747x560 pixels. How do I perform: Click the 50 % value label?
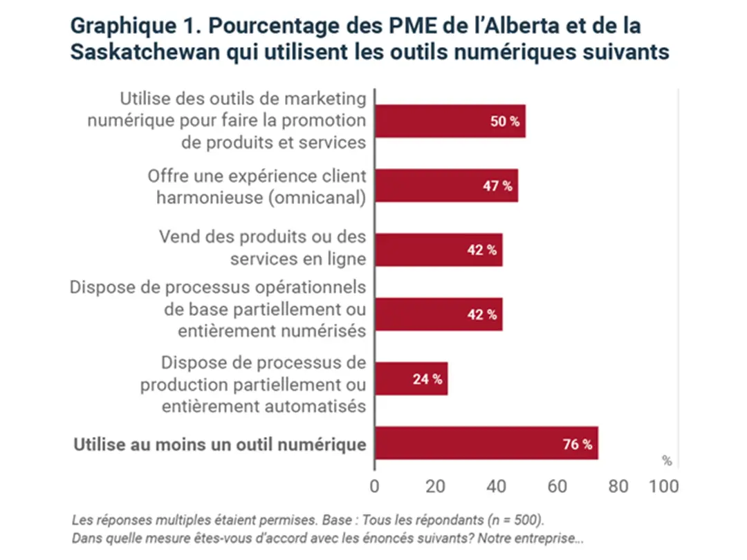[x=505, y=122]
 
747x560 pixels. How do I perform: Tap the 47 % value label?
[x=497, y=186]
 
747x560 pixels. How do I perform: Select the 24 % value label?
[x=427, y=379]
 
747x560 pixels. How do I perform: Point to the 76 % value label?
[x=578, y=444]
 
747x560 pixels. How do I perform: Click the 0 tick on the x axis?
[x=375, y=486]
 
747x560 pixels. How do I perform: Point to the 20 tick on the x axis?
[x=434, y=486]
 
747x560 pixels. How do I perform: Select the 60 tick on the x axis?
[x=557, y=486]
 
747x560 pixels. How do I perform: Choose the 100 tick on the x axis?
[x=664, y=486]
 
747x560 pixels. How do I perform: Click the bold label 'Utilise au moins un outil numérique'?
[x=220, y=444]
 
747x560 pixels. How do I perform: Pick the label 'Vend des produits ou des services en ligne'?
[x=263, y=247]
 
